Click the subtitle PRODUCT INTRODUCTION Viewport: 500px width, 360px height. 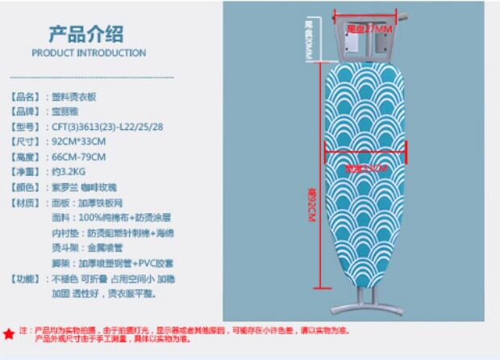coord(89,53)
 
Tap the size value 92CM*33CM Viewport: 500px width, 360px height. coord(79,142)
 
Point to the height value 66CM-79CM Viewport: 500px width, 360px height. coord(78,157)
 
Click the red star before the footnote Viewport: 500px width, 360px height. coord(9,333)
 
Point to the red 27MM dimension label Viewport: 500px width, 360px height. coord(367,29)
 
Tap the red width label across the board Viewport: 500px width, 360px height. coord(367,169)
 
